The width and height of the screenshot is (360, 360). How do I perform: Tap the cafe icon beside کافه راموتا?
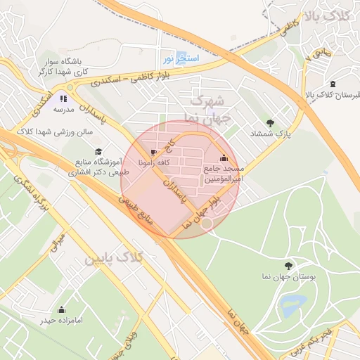[154, 152]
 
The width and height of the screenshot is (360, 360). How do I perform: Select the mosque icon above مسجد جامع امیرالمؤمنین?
[224, 158]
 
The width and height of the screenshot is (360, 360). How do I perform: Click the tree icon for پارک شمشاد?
[271, 122]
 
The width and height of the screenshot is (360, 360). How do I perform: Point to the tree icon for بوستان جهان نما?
[297, 266]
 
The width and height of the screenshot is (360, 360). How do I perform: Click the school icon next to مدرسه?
[63, 99]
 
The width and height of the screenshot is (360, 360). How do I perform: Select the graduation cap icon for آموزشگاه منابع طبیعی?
[98, 152]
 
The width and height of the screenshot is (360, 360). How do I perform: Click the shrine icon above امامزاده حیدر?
[61, 309]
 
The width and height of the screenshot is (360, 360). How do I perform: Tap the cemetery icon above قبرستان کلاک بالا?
[333, 84]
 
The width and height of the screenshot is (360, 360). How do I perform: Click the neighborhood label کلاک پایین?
[114, 259]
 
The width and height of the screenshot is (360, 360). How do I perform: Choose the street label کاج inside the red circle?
[169, 145]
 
